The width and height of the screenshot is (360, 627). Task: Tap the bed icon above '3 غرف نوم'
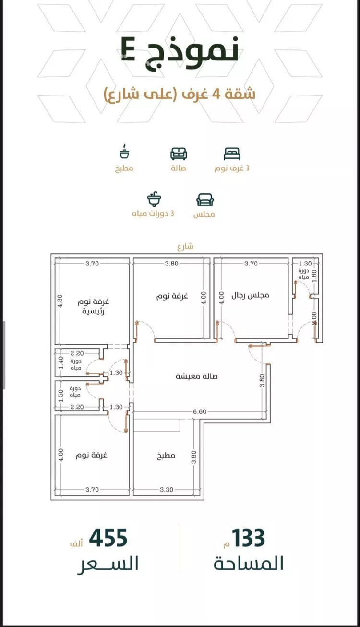tap(232, 154)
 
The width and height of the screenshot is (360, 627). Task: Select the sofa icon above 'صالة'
tap(179, 154)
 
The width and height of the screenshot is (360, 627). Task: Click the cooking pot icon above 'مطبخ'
tap(124, 151)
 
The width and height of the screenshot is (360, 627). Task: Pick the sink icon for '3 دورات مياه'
tap(154, 199)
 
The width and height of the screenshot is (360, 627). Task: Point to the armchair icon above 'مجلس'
tap(205, 200)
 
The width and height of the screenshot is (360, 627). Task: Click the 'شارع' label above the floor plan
tap(185, 246)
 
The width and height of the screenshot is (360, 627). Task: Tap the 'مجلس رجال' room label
tap(250, 295)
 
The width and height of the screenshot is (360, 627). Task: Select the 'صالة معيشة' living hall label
tap(196, 376)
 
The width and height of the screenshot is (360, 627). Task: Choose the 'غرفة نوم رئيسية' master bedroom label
tap(93, 306)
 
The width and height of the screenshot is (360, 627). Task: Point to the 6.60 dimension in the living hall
tap(200, 411)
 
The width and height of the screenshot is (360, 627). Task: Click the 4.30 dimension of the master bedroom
tap(60, 301)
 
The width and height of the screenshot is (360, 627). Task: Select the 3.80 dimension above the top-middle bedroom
tap(171, 264)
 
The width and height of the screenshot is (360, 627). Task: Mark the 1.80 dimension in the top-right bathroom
tap(314, 276)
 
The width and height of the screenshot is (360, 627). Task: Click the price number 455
tap(108, 538)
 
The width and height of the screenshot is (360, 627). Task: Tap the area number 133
tap(248, 538)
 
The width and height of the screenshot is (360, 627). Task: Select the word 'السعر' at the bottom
tap(108, 564)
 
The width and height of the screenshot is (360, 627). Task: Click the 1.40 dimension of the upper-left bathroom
tap(61, 363)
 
